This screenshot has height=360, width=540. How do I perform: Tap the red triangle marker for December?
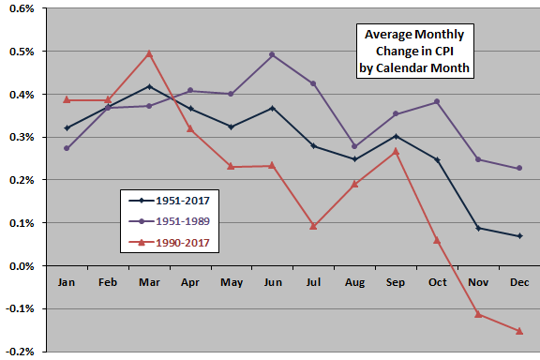click(x=519, y=331)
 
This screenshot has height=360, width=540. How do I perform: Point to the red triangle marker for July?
click(x=313, y=226)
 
